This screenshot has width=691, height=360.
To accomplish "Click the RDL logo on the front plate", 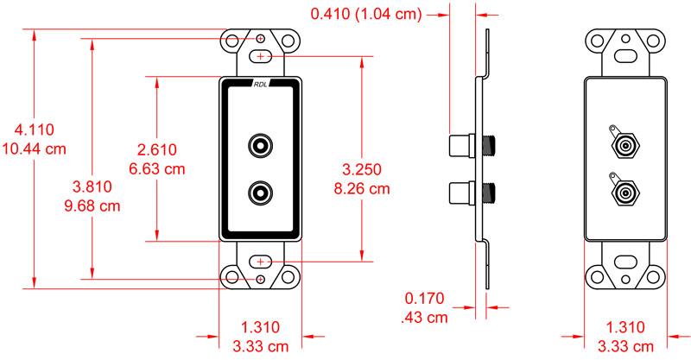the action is [261, 84].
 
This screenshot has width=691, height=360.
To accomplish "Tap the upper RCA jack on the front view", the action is [261, 146].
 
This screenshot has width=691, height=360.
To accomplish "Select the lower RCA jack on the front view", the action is [261, 193].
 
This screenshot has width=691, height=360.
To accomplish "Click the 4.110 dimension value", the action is [35, 129].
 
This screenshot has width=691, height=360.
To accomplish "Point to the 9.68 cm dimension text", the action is [92, 205].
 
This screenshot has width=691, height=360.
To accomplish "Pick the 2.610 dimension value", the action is [157, 149].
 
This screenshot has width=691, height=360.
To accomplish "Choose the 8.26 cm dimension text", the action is [362, 188].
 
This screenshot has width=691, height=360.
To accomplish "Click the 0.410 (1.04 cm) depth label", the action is [366, 14].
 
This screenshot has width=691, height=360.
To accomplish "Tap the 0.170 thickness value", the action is [425, 299].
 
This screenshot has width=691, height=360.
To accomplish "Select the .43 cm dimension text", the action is [424, 317].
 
